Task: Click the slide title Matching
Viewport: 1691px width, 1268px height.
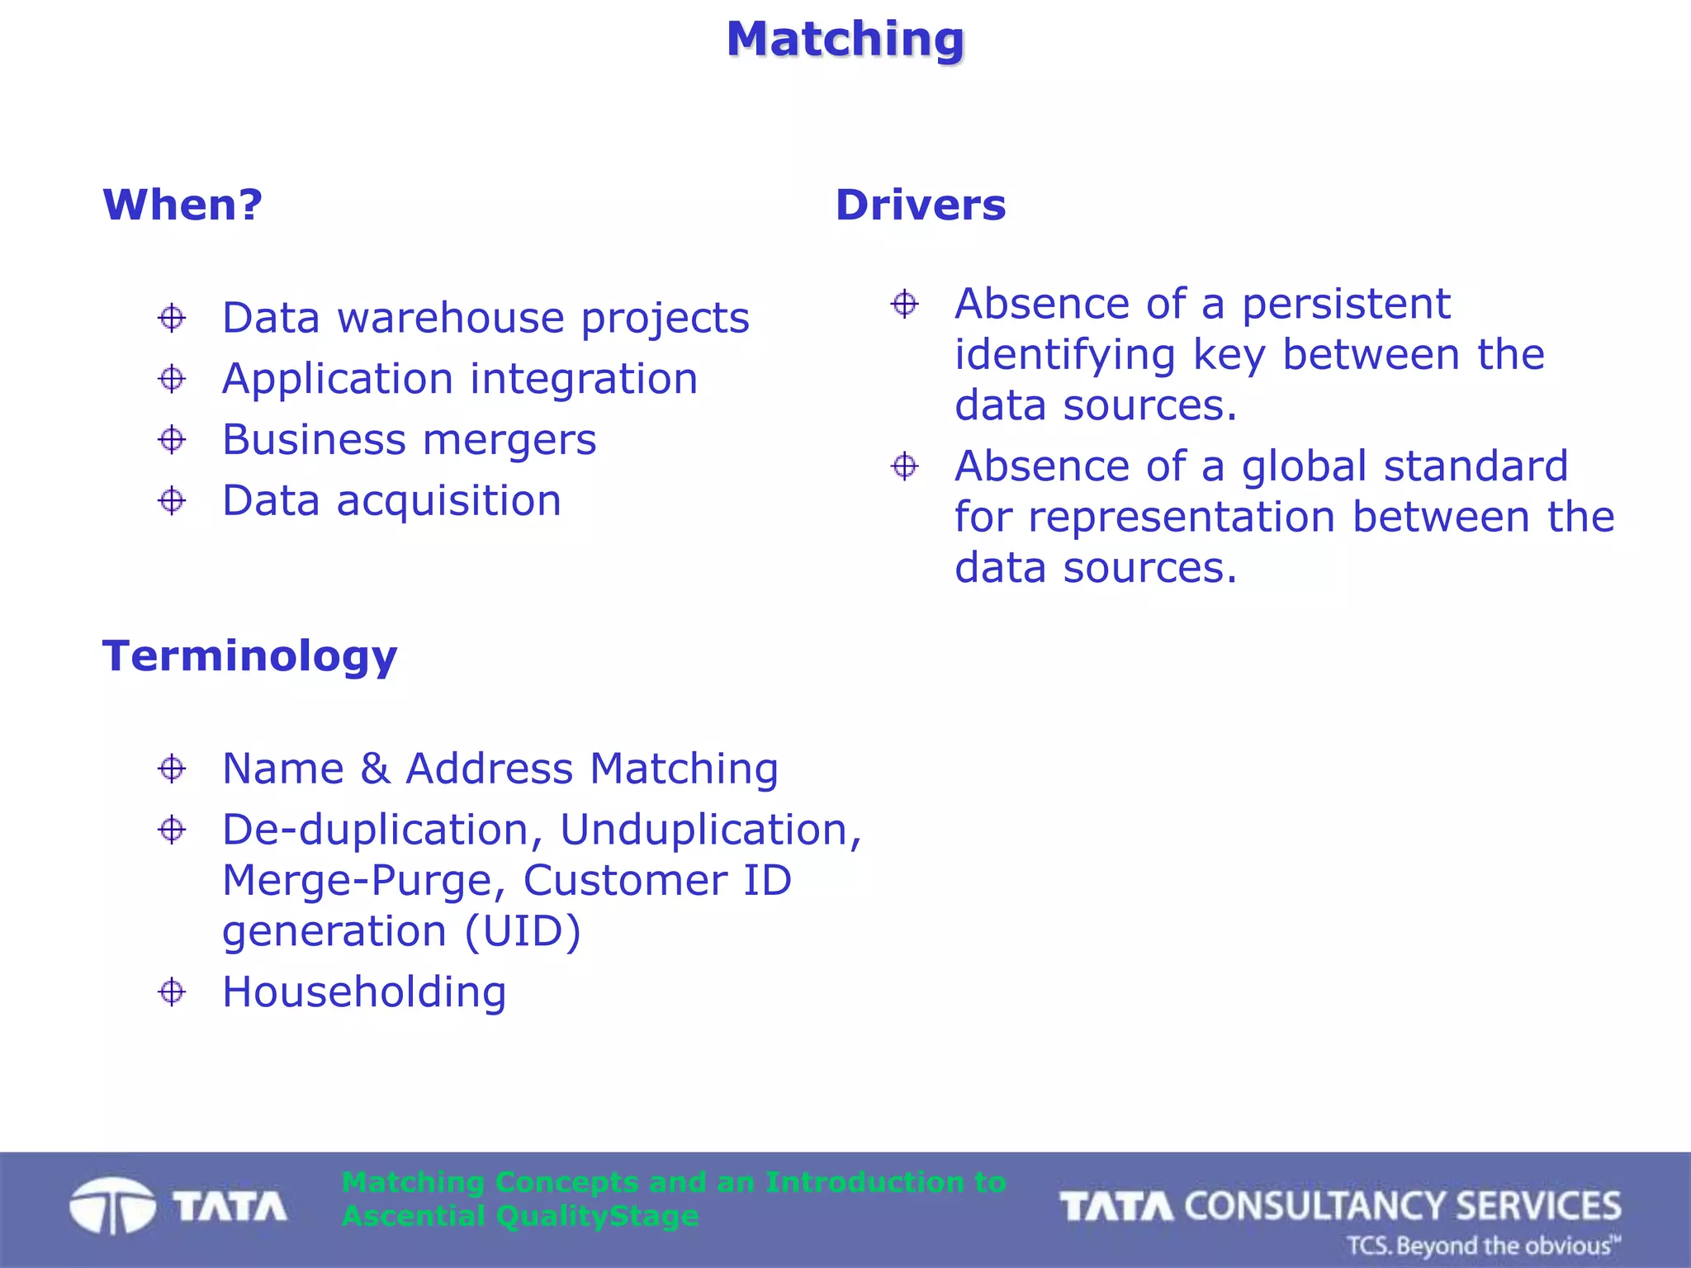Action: pos(845,39)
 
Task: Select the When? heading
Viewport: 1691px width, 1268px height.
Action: pos(182,205)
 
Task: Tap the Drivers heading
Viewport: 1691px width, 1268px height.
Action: pos(921,205)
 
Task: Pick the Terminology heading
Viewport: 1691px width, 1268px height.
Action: pos(249,656)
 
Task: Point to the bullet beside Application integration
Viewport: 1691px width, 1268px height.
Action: pos(172,379)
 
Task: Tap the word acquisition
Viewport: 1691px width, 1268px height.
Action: pos(449,501)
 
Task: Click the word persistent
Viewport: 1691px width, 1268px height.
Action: pos(1346,304)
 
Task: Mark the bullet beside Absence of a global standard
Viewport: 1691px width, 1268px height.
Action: pos(905,466)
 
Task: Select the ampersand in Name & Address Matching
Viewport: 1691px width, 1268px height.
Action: pos(375,769)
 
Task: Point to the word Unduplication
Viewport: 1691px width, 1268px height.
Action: pos(710,830)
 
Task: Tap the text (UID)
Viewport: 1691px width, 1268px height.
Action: pos(523,931)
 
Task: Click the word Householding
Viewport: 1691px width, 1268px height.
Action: pos(364,992)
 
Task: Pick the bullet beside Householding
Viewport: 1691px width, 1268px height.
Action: pos(172,992)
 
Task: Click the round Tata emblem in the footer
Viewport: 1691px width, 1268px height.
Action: pos(112,1206)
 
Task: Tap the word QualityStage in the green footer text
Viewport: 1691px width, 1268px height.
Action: pos(598,1216)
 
